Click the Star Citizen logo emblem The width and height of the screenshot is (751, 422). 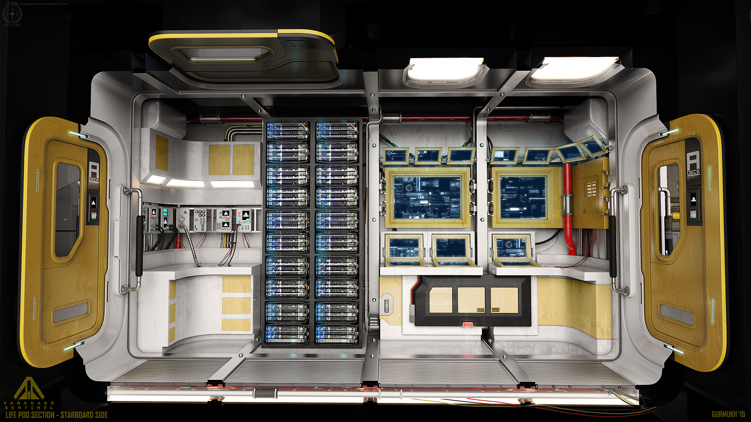coord(12,14)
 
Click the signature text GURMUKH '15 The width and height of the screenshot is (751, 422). coord(728,414)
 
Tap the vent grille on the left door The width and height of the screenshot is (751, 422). coord(71,312)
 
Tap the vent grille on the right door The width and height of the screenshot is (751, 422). coord(677,314)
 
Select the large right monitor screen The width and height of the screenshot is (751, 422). coord(523,197)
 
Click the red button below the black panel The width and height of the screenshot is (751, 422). coord(468,324)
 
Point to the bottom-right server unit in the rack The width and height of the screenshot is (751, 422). coord(337,334)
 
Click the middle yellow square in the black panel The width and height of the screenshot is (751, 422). coord(471,300)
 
